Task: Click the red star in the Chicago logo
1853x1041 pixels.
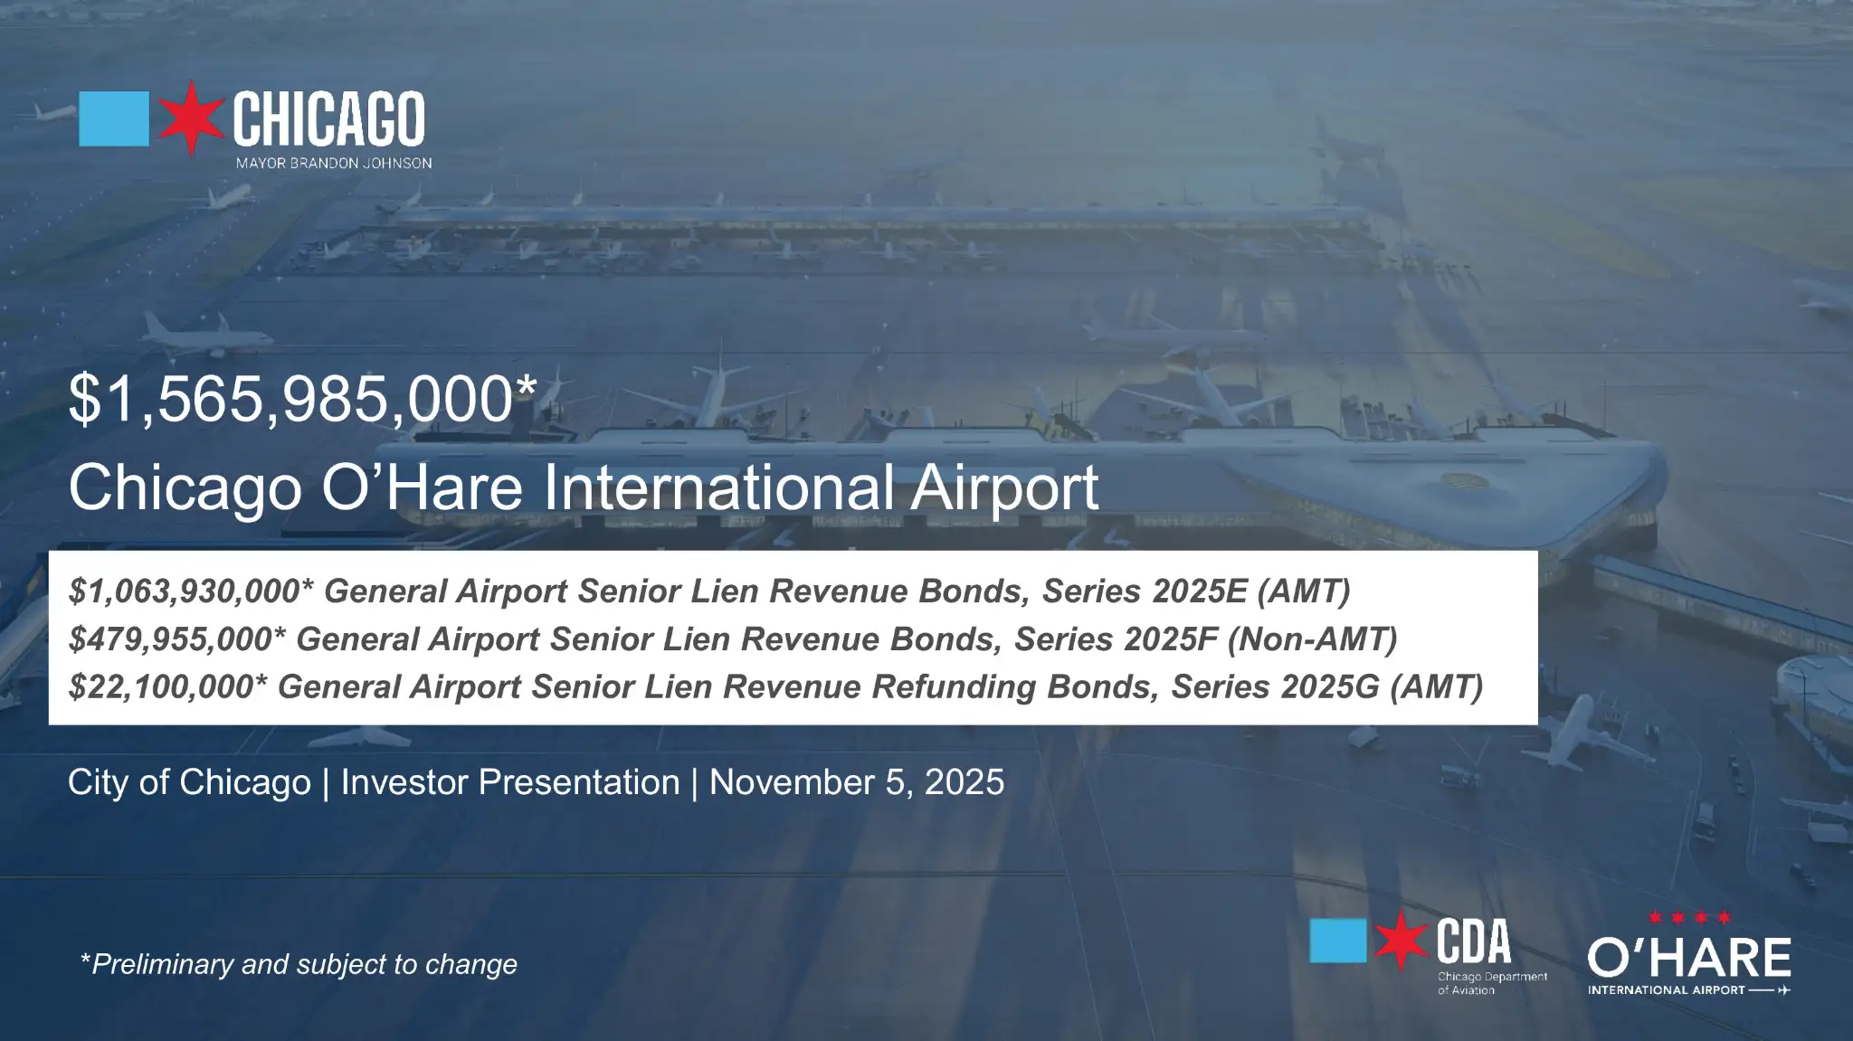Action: click(191, 118)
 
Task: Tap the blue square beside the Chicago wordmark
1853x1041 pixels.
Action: click(114, 118)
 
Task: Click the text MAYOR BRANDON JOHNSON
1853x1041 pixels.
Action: click(333, 164)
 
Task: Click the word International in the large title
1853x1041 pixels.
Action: click(719, 487)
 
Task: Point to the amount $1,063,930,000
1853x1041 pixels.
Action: click(185, 591)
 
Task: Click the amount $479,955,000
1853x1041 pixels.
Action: click(171, 639)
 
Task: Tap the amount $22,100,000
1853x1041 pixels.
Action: click(162, 687)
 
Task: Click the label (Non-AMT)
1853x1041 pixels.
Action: click(1312, 639)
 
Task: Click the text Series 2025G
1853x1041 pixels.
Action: click(1275, 687)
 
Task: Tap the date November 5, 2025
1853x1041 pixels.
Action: click(856, 782)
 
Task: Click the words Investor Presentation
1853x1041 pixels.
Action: click(510, 782)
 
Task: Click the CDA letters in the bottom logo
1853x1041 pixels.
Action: click(1473, 942)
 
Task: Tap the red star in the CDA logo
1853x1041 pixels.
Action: click(1401, 941)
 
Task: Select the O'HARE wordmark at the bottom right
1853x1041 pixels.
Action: click(1688, 958)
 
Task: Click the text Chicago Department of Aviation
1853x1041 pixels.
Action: click(1492, 983)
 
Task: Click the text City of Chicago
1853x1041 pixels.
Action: click(189, 782)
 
